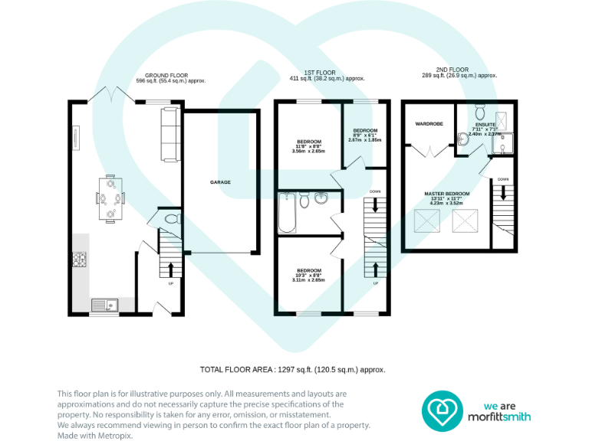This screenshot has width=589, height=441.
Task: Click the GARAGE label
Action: tap(221, 182)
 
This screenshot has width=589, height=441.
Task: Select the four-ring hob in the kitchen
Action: tap(80, 260)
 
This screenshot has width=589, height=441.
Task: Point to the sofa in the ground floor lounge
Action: tap(169, 134)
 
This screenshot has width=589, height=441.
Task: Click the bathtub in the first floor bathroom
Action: tap(285, 212)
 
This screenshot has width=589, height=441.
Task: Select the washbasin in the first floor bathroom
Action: tap(321, 201)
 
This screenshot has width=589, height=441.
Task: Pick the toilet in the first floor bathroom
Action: tap(304, 201)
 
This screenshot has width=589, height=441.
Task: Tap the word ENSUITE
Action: tap(485, 124)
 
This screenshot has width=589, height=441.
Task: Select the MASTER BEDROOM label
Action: tap(448, 194)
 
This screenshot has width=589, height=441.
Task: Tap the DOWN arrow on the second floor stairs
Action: tap(502, 194)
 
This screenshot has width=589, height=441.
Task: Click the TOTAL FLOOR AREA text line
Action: tap(292, 369)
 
